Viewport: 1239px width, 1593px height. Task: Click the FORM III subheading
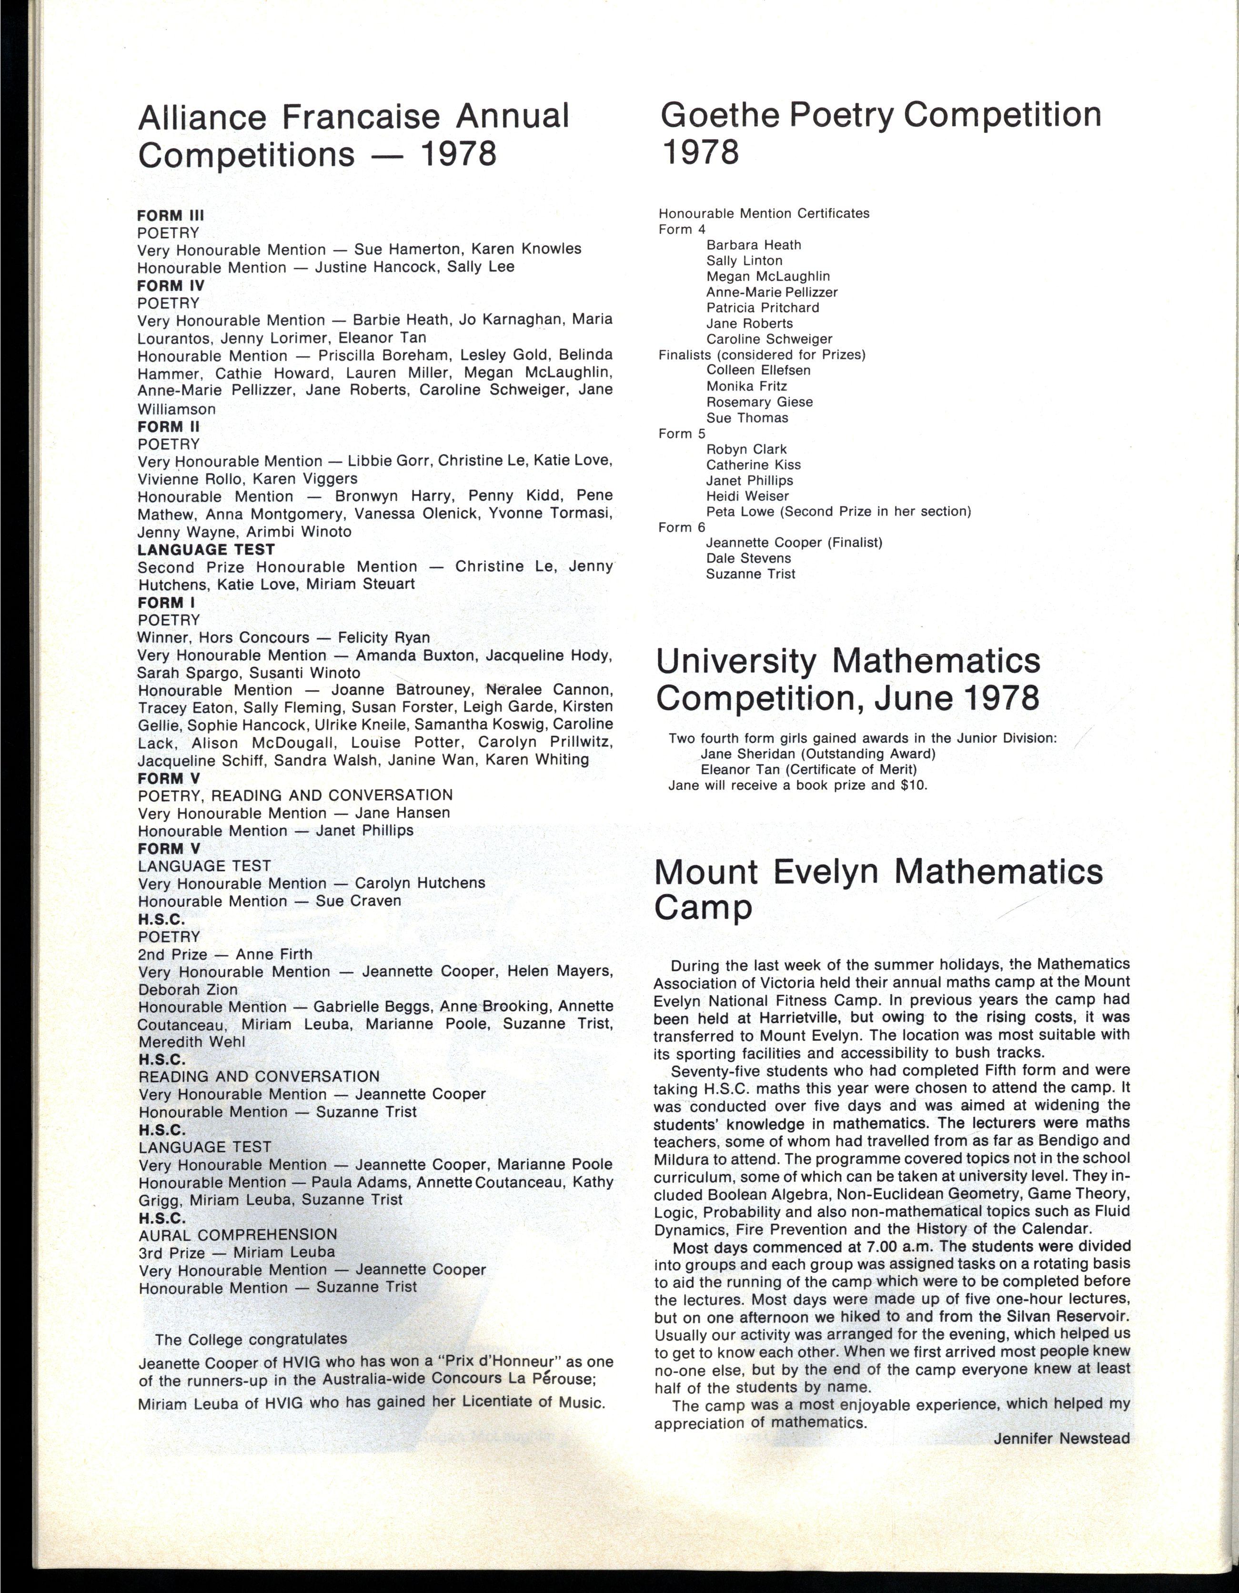pos(171,215)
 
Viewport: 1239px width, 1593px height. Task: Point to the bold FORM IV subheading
pos(171,285)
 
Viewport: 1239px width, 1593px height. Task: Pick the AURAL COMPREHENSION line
pos(238,1234)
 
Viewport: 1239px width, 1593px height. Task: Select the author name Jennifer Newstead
pos(1061,1438)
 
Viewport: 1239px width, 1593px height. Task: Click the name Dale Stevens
pos(748,558)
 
